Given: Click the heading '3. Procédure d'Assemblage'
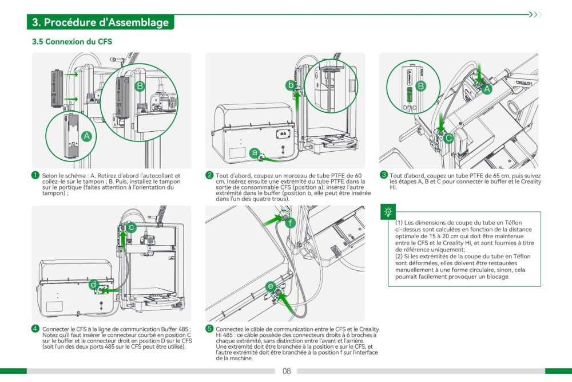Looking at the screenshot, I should [x=101, y=22].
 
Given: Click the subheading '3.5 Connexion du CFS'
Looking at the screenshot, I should [x=72, y=42].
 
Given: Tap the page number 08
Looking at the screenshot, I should [x=287, y=371].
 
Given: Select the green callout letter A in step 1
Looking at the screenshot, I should [x=86, y=136].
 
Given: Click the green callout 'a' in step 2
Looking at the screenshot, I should [x=254, y=152].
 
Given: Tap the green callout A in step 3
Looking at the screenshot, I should [x=487, y=89].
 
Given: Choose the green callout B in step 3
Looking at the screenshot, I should [x=420, y=86].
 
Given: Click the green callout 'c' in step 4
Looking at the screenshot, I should [x=132, y=227].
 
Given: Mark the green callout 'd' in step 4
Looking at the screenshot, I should [x=93, y=285].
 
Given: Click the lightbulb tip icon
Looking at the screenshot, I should [x=390, y=211].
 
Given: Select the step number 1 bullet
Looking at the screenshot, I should [x=35, y=175].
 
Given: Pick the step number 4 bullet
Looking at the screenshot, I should [x=35, y=329].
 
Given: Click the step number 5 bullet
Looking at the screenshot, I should [x=209, y=329].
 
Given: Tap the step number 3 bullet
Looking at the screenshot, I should [x=384, y=175].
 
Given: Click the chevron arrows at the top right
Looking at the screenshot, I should [x=535, y=14].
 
